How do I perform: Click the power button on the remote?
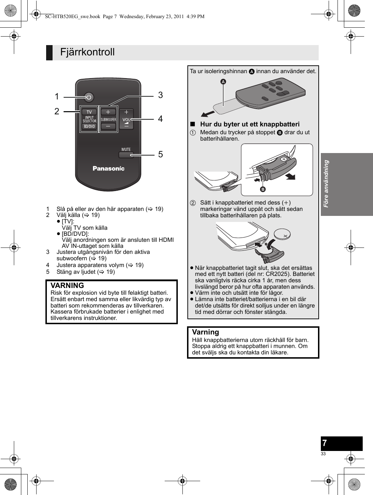89,97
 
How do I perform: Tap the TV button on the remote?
89,112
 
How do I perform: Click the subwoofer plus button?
108,112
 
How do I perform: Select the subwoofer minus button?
108,126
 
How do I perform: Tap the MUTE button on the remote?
126,154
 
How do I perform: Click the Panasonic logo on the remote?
109,168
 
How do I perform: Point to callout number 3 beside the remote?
160,95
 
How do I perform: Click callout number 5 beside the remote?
160,154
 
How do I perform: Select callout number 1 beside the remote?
57,97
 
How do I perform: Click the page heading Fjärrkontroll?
87,52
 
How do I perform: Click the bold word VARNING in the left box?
67,285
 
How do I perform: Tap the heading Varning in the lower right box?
205,332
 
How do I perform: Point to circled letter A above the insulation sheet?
223,82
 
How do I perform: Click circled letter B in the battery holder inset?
263,189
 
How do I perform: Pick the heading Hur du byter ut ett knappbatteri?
249,124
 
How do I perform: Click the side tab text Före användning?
326,184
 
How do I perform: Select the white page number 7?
324,443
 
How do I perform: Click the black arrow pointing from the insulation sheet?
208,114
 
